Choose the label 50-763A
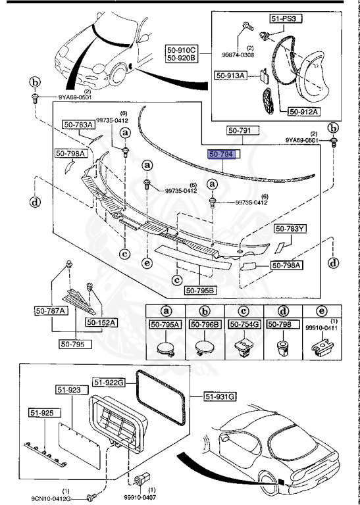(78, 124)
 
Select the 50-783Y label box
(290, 229)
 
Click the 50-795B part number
(199, 290)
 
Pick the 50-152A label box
(100, 323)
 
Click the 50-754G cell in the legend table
(244, 324)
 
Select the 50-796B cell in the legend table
(205, 324)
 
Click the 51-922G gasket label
(108, 382)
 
